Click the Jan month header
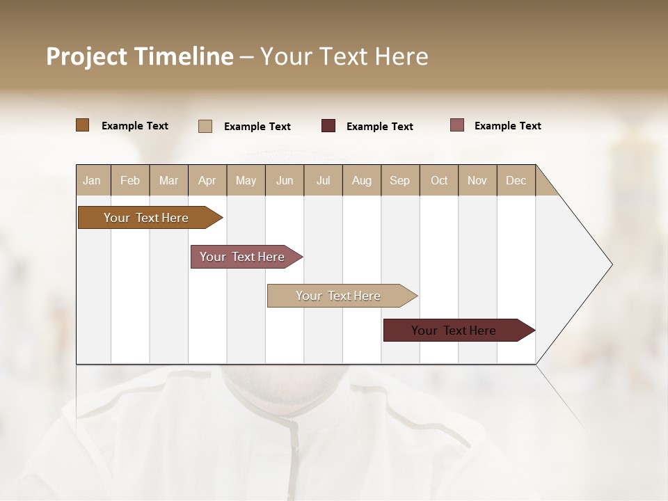pyautogui.click(x=92, y=180)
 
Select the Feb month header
pyautogui.click(x=130, y=180)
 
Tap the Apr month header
pyautogui.click(x=207, y=180)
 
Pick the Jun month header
pyautogui.click(x=285, y=180)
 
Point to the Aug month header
pyautogui.click(x=362, y=180)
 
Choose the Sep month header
pyautogui.click(x=400, y=180)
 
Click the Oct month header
pyautogui.click(x=439, y=180)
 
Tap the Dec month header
pyautogui.click(x=516, y=180)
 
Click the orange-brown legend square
pyautogui.click(x=83, y=125)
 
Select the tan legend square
pyautogui.click(x=205, y=126)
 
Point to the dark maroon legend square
pyautogui.click(x=328, y=126)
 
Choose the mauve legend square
pyautogui.click(x=457, y=125)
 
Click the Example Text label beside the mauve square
pyautogui.click(x=507, y=126)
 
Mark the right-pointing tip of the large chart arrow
pyautogui.click(x=611, y=264)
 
